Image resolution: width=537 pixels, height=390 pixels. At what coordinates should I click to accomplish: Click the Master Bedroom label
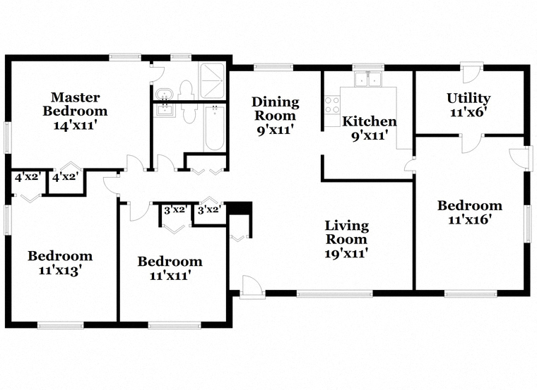(x=75, y=104)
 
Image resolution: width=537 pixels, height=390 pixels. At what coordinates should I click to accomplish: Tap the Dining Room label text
(x=276, y=109)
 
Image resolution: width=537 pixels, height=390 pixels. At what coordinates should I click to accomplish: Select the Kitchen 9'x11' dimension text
(x=370, y=136)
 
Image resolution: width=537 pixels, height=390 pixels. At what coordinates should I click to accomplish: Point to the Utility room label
(x=468, y=98)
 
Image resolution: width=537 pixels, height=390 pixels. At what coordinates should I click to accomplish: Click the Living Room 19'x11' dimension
(x=347, y=253)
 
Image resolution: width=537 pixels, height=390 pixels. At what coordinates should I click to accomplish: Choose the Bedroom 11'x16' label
(x=470, y=212)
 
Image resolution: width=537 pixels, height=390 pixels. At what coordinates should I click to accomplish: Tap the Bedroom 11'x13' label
(x=60, y=262)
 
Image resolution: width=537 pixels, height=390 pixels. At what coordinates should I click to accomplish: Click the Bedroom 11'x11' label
(x=170, y=268)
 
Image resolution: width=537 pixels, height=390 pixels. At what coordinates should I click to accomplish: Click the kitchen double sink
(x=369, y=79)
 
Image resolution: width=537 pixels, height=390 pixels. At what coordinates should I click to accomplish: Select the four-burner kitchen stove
(x=332, y=105)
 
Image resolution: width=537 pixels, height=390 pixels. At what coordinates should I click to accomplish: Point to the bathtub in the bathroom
(x=215, y=128)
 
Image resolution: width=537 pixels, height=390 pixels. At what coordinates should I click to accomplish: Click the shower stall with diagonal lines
(x=213, y=80)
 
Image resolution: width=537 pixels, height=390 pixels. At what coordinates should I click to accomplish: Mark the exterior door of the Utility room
(x=471, y=73)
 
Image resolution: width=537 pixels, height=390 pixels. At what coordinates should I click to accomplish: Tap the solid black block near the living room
(x=240, y=208)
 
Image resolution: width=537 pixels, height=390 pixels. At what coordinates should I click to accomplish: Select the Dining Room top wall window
(x=273, y=67)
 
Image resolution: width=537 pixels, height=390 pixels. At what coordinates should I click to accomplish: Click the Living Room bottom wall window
(x=334, y=293)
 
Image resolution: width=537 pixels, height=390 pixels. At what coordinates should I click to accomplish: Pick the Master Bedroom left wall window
(x=8, y=138)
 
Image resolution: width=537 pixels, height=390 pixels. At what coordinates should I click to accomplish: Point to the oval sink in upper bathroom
(x=165, y=94)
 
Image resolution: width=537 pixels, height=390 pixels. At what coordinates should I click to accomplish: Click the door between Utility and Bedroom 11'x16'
(x=472, y=143)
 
